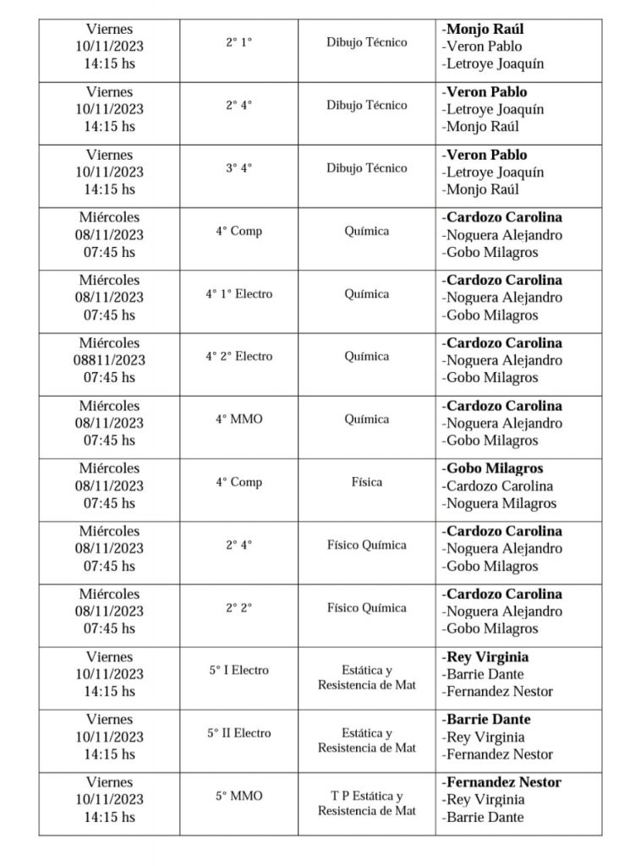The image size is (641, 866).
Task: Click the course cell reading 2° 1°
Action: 238,42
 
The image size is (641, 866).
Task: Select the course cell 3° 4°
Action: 238,168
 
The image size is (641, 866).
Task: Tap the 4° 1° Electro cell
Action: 238,294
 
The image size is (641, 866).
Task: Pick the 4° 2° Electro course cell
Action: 238,357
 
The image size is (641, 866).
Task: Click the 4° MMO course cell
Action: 238,419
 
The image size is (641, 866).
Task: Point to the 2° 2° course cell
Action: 238,608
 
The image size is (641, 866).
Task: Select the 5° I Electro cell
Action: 238,671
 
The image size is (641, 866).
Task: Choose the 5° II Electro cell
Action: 238,733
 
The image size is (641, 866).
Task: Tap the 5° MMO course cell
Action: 238,796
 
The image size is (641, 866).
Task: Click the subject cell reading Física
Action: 366,482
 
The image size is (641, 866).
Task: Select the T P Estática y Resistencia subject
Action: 366,803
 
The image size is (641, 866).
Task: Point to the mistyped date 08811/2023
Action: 109,360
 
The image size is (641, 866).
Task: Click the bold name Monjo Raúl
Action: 485,30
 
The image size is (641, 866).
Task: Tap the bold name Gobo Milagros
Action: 495,469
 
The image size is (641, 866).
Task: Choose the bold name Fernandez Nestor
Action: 503,782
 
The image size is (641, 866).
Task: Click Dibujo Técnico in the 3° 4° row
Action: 366,168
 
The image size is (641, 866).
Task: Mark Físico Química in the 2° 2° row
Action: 366,608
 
